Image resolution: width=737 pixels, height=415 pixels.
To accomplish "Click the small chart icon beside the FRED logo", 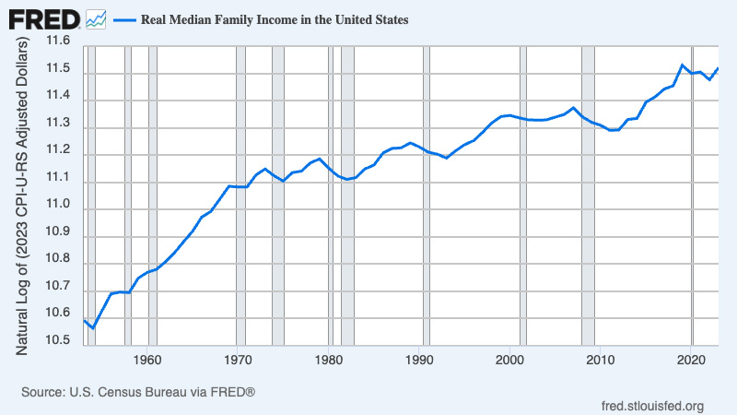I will click(x=96, y=18).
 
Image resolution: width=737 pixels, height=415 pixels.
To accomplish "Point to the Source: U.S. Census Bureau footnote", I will click(x=138, y=392).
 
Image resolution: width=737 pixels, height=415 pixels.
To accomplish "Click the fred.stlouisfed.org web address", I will click(x=652, y=406).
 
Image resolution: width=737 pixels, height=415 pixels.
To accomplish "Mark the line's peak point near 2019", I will click(x=681, y=65).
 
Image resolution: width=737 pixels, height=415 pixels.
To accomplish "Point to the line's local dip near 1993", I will click(x=447, y=158).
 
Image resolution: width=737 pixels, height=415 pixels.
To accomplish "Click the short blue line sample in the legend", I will click(x=125, y=18).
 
